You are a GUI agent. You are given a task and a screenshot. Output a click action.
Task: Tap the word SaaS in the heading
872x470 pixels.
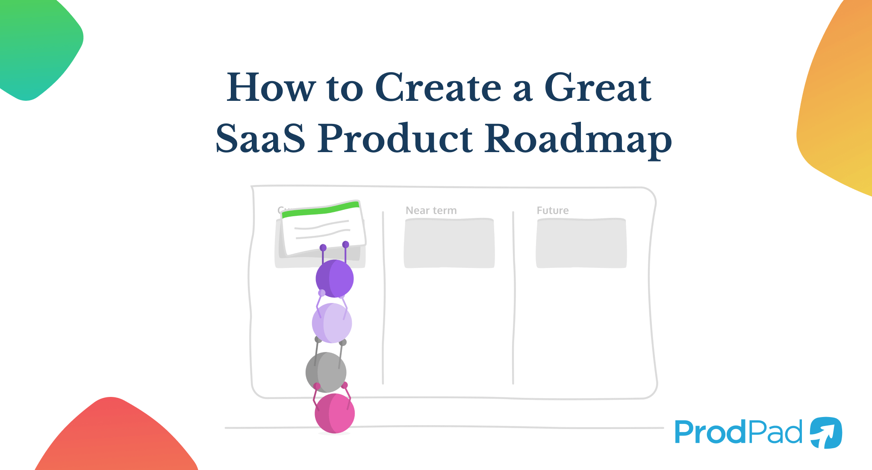260,138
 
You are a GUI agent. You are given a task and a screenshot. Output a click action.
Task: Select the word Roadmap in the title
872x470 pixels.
578,139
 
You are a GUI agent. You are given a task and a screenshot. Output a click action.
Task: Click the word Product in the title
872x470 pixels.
395,138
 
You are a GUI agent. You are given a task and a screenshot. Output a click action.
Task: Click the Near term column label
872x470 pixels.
431,210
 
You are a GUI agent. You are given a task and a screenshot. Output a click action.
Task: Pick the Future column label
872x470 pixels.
552,210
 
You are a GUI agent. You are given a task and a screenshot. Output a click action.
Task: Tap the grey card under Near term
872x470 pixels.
449,244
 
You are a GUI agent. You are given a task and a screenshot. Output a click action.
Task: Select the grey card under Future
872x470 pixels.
581,244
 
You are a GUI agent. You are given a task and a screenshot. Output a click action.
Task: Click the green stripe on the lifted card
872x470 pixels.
321,210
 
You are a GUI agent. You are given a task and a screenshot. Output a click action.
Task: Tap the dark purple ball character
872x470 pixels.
335,279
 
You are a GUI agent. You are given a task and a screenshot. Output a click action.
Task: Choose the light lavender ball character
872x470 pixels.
332,323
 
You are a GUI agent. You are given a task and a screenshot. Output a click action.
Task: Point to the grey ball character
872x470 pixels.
326,372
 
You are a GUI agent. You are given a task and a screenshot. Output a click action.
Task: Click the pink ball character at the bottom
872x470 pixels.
335,413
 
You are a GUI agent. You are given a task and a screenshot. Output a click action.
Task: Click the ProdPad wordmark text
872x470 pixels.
738,432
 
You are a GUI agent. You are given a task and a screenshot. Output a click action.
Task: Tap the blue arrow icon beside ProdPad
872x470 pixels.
826,432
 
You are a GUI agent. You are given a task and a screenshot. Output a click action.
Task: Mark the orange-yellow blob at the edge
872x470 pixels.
838,107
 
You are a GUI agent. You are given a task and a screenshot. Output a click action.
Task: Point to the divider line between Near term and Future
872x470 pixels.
513,299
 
